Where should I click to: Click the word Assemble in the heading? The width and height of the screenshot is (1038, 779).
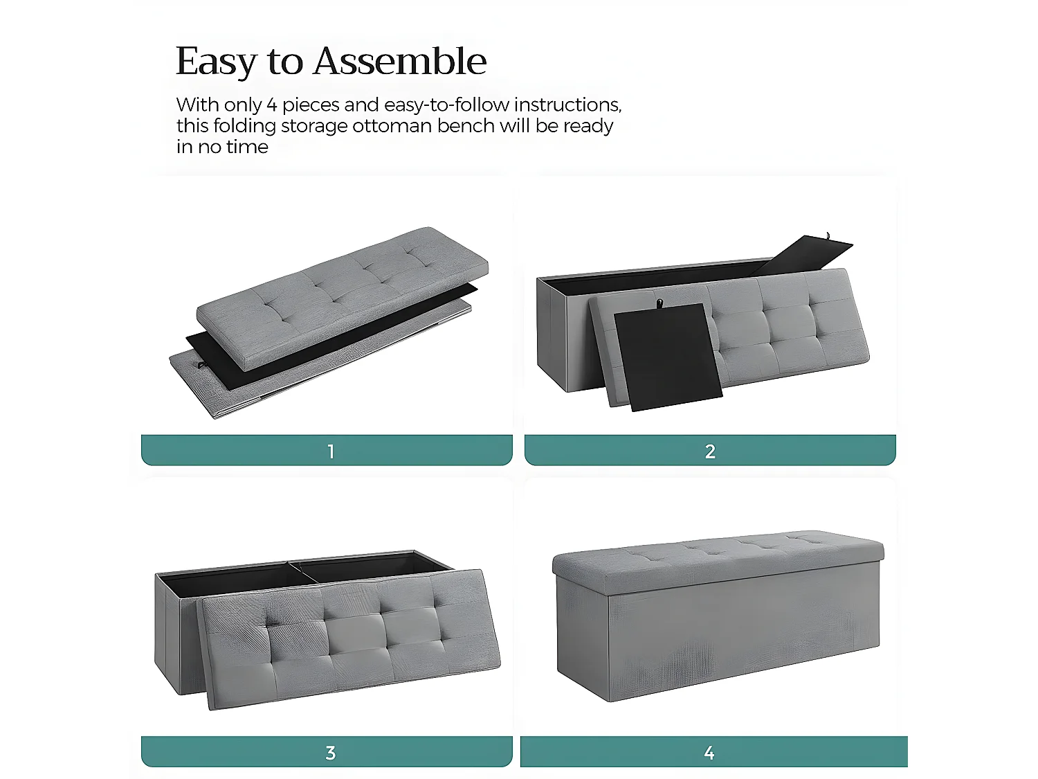point(399,61)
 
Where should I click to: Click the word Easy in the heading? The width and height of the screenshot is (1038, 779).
point(216,62)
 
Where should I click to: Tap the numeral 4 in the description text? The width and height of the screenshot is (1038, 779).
point(272,105)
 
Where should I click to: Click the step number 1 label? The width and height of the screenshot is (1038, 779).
point(331,451)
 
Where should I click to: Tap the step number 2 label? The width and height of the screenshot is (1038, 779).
point(710,451)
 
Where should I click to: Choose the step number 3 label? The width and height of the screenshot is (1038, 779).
point(331,753)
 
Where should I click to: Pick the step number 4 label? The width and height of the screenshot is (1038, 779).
point(709,753)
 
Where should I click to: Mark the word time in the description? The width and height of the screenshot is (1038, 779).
point(247,147)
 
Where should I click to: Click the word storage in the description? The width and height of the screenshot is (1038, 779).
point(315,126)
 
